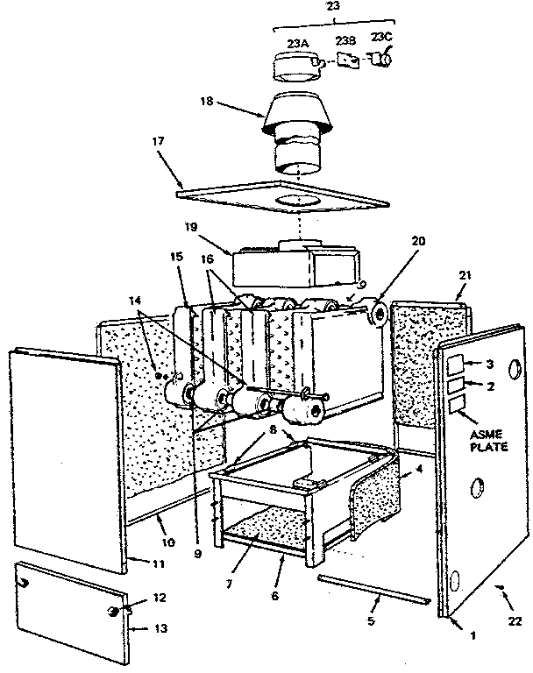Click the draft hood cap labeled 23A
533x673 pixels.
(298, 66)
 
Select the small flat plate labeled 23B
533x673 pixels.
(348, 61)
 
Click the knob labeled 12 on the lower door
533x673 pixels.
(113, 610)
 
